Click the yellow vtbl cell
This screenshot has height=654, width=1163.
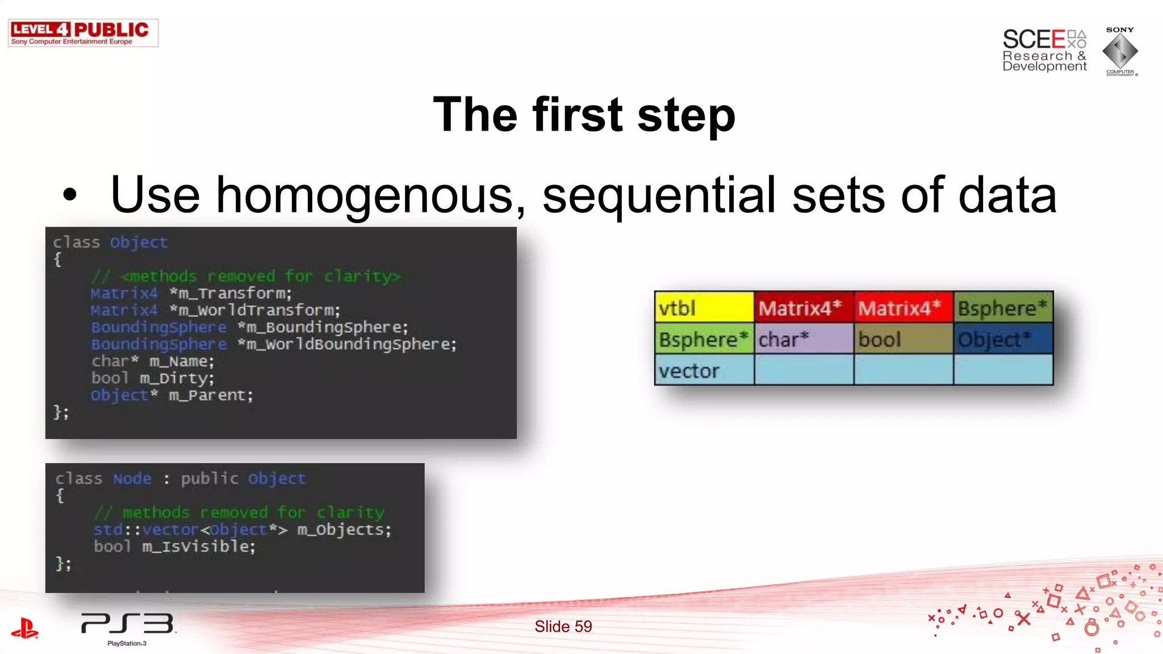coord(704,307)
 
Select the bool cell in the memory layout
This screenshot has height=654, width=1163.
coord(903,339)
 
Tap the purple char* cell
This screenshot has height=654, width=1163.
coord(804,339)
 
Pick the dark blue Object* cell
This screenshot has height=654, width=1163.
coord(1003,339)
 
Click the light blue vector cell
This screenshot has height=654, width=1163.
coord(704,370)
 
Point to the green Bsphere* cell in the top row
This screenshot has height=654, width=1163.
coord(1003,307)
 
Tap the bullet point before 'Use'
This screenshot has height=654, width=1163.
coord(69,195)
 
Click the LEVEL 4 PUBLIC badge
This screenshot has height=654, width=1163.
coord(83,33)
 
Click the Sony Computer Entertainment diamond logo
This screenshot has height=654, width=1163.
coord(1120,51)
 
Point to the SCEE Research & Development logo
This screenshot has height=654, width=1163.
coord(1044,50)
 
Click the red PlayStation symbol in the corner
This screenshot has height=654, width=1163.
coord(24,628)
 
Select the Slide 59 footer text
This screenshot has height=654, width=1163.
coord(563,626)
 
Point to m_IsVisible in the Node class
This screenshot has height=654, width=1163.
coord(198,546)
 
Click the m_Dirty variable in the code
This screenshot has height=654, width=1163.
coord(177,378)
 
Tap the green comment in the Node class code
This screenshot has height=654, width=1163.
coord(239,512)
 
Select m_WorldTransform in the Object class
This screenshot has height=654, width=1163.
coord(259,310)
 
